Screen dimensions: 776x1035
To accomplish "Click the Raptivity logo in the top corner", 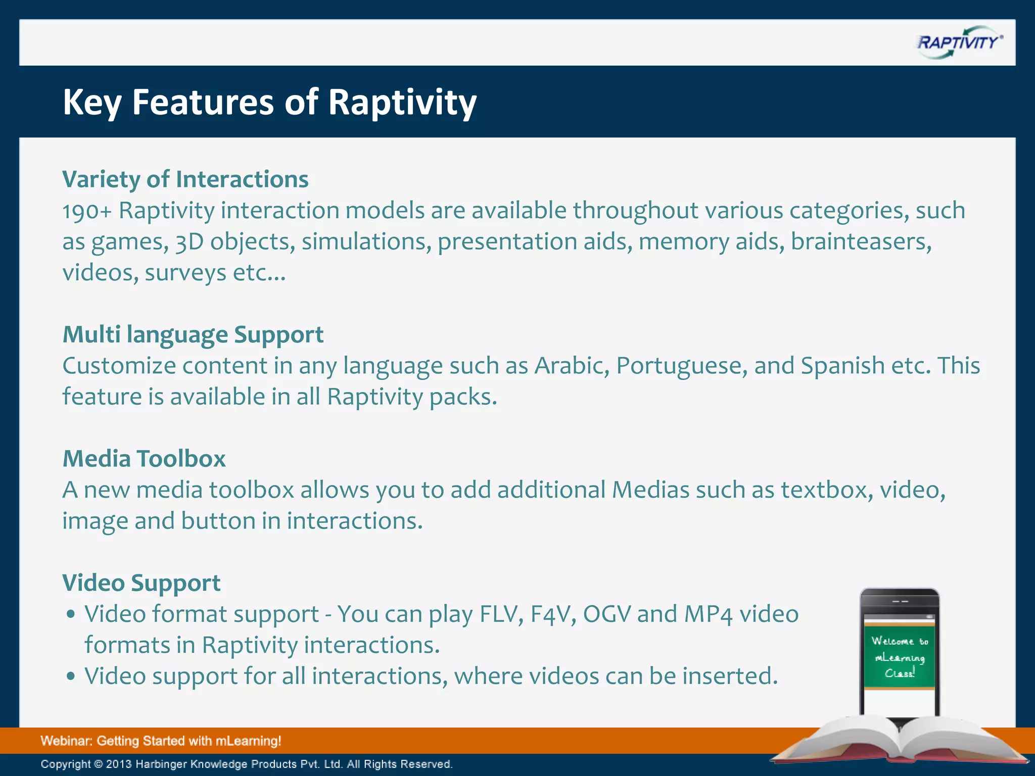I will [959, 42].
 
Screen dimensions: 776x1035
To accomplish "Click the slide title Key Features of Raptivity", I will [269, 102].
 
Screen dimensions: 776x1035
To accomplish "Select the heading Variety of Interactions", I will [185, 179].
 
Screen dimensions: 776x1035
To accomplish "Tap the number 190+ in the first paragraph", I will [86, 211].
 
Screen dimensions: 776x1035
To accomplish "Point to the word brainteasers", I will [861, 241].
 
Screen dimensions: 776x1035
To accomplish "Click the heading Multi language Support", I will [193, 334].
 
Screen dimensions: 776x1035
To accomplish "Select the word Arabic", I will [572, 366].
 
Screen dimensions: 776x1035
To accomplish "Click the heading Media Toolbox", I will [144, 459].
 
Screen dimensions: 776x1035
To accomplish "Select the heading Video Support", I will [141, 583].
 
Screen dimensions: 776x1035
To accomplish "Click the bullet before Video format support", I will [71, 614].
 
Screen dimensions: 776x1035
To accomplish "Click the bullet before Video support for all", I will [71, 676].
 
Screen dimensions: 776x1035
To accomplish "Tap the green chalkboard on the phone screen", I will [900, 657].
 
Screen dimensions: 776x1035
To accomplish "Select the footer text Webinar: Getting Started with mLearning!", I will [161, 741].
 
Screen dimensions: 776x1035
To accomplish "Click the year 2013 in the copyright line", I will [119, 764].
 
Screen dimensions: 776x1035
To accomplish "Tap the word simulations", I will [366, 241].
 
